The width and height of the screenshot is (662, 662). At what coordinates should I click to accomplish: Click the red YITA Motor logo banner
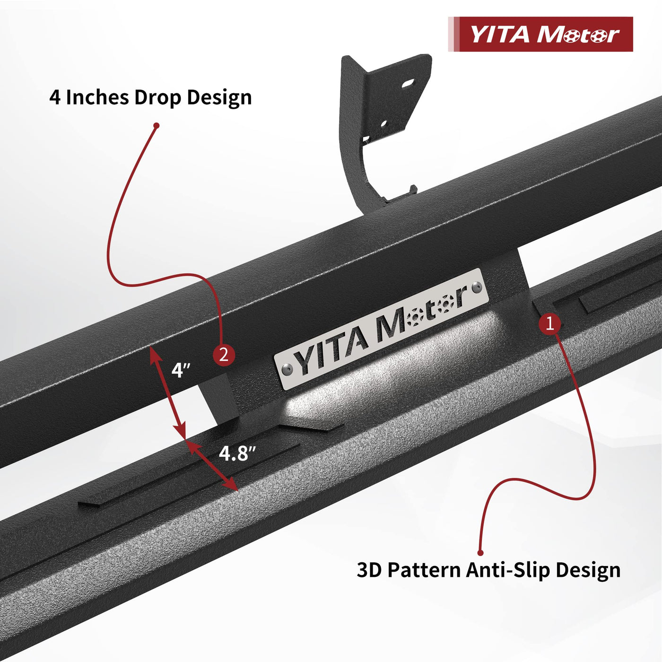(540, 34)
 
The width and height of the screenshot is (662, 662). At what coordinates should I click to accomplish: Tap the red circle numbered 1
(550, 323)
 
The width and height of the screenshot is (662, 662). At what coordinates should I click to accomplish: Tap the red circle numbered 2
(224, 354)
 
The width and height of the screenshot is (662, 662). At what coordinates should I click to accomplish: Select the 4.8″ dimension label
(237, 453)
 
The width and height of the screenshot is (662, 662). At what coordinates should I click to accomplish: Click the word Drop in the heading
(158, 97)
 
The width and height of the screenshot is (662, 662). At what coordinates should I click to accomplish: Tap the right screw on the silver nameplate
(476, 287)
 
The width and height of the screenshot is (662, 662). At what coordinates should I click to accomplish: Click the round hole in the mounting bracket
(384, 123)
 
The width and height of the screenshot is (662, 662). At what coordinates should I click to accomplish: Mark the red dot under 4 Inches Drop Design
(157, 126)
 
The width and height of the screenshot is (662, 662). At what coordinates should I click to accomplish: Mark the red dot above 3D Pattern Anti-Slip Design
(480, 553)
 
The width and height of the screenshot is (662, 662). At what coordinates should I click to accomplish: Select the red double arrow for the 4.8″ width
(212, 465)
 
